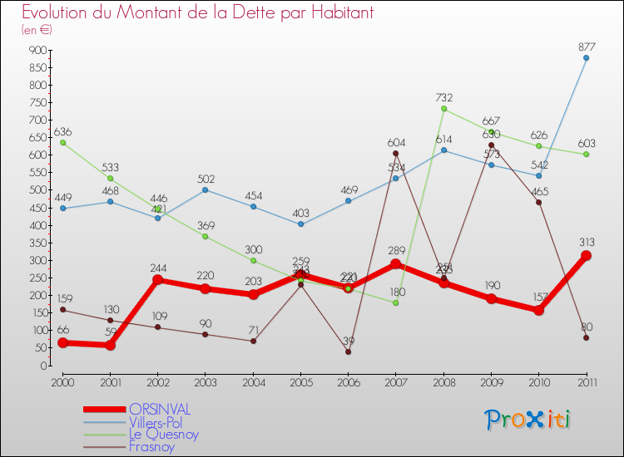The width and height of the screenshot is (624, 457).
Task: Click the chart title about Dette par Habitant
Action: pyautogui.click(x=197, y=13)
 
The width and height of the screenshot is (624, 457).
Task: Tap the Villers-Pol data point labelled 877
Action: pyautogui.click(x=587, y=57)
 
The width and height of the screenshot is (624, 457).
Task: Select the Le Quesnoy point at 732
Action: pyautogui.click(x=443, y=109)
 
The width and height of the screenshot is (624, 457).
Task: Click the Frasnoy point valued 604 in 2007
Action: pyautogui.click(x=396, y=153)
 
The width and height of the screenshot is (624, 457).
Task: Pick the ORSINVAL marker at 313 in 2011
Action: pyautogui.click(x=587, y=256)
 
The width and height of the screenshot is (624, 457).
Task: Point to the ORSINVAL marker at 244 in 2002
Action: pyautogui.click(x=157, y=280)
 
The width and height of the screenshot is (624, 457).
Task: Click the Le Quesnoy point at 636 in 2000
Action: pyautogui.click(x=62, y=142)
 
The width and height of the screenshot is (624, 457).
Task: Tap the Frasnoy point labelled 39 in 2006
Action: pyautogui.click(x=348, y=351)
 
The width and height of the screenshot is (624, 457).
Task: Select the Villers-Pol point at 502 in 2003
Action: pyautogui.click(x=206, y=189)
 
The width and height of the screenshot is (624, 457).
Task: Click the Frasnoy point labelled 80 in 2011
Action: pyautogui.click(x=587, y=337)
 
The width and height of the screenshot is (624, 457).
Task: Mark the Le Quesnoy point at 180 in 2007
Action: pyautogui.click(x=396, y=302)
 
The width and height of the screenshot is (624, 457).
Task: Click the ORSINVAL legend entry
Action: pyautogui.click(x=160, y=409)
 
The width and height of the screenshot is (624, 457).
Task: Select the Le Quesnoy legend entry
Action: pyautogui.click(x=164, y=434)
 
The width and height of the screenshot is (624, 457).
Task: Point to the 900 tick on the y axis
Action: pyautogui.click(x=36, y=50)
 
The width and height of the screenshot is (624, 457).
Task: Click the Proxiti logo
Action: pyautogui.click(x=528, y=420)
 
